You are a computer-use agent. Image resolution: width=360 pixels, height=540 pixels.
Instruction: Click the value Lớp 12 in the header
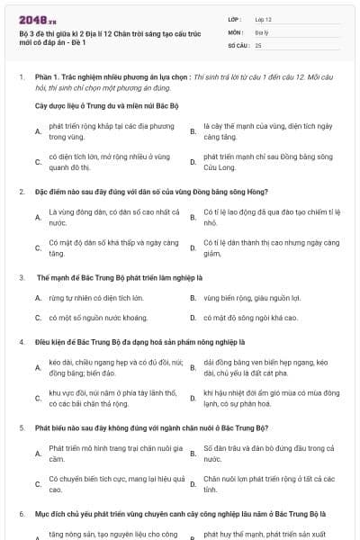(263, 19)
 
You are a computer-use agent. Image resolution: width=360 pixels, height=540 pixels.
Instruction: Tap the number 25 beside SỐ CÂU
(258, 44)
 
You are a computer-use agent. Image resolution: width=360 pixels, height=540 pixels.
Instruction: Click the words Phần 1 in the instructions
(44, 78)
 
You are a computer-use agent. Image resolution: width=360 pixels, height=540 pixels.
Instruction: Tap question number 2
(22, 192)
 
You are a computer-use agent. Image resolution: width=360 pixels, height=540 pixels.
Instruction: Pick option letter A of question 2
(38, 217)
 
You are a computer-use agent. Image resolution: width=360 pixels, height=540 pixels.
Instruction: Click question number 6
(22, 513)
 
